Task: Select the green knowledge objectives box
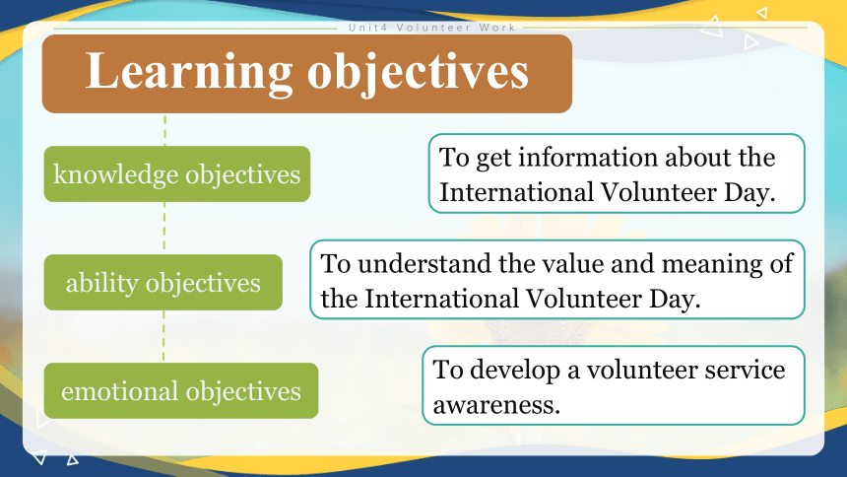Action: [177, 173]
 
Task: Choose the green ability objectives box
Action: [163, 282]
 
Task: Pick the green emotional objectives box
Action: [181, 390]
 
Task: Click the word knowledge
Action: [115, 174]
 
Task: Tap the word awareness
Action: [496, 404]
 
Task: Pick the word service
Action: [748, 370]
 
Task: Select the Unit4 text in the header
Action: [368, 28]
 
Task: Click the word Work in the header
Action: [497, 28]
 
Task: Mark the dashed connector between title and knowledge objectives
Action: [164, 130]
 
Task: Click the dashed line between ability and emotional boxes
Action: [163, 336]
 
